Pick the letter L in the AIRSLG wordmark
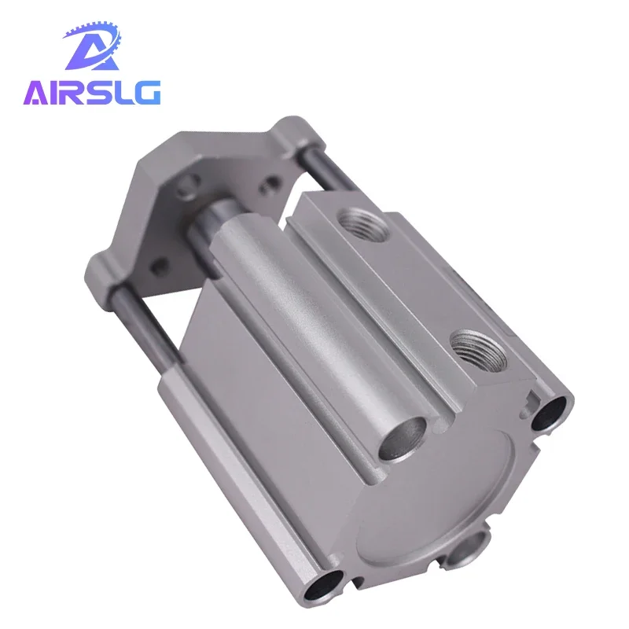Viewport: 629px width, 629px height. click(123, 93)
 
